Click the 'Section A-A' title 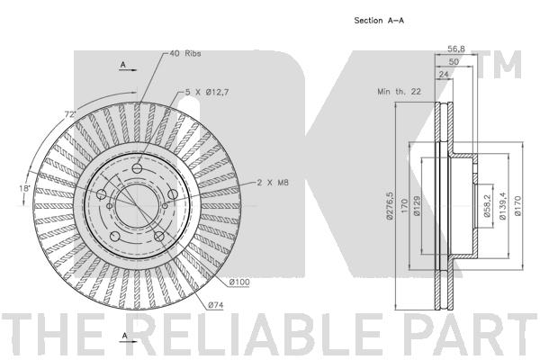coord(379,21)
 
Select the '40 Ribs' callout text coord(185,53)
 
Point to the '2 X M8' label coord(273,183)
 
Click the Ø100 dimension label coord(239,282)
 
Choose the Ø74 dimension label coord(216,305)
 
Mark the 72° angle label coord(70,114)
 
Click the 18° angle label coord(25,188)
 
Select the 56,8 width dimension coord(456,49)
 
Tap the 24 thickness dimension coord(444,74)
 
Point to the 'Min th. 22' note coord(399,92)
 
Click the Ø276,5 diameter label coord(390,206)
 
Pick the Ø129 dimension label coord(417,206)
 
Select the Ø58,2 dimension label coord(487,206)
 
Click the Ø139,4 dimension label coord(502,206)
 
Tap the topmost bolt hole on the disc coord(138,168)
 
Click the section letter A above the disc coord(123,65)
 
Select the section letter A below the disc coord(125,335)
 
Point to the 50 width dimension coord(454,62)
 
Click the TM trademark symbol coord(500,65)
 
